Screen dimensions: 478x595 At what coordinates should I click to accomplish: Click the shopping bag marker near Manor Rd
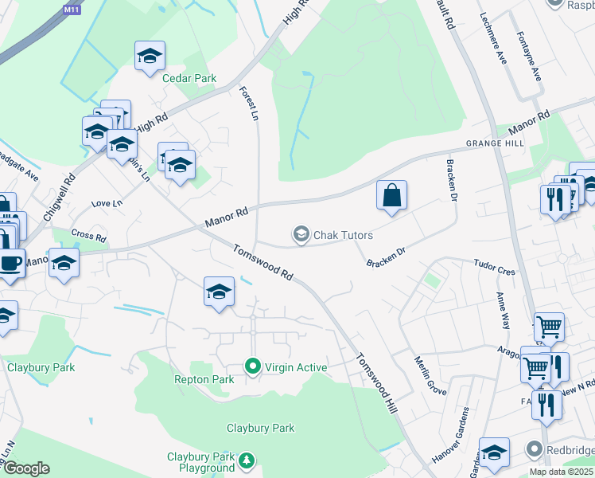[391, 195]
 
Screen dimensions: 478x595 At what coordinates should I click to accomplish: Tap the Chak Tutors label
[343, 235]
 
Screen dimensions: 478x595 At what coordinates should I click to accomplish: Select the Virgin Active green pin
[253, 366]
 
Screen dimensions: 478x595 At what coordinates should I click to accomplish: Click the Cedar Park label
[189, 78]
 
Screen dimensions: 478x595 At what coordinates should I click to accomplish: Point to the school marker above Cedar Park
[150, 56]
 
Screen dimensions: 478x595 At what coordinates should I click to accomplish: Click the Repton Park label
[204, 379]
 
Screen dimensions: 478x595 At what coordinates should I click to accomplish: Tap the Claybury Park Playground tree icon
[247, 460]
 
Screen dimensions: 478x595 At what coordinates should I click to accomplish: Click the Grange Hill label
[495, 143]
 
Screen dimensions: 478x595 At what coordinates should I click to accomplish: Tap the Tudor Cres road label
[494, 267]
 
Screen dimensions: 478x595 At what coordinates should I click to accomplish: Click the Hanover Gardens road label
[450, 436]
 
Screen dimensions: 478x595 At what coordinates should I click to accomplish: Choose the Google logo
[26, 468]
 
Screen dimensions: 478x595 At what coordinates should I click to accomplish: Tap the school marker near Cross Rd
[64, 262]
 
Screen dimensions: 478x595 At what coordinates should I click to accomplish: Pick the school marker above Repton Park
[219, 291]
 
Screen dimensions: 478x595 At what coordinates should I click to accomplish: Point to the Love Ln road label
[107, 204]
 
